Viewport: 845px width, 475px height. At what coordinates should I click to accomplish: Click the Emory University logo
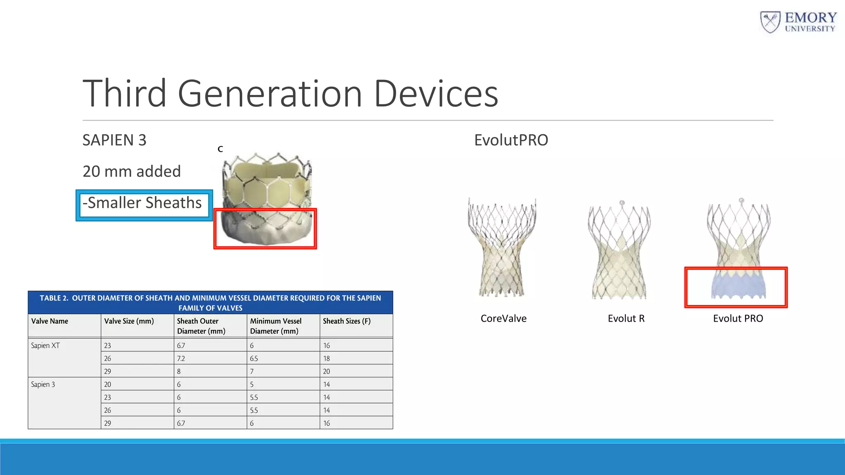click(x=798, y=22)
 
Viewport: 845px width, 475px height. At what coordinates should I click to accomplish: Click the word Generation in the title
click(x=270, y=94)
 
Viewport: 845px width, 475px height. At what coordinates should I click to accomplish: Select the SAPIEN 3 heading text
click(x=114, y=140)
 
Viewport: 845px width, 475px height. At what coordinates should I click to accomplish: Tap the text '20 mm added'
click(x=132, y=172)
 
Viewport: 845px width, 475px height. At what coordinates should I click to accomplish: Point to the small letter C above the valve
click(x=220, y=149)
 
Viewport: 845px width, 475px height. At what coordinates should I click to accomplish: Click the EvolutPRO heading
click(x=511, y=140)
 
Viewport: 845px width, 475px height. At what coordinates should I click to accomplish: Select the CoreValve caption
click(x=503, y=319)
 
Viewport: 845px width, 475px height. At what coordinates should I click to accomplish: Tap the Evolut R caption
click(x=626, y=319)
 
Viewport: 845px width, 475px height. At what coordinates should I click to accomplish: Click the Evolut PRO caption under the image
click(x=738, y=319)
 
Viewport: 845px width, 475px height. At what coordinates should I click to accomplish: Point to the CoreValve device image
click(x=502, y=247)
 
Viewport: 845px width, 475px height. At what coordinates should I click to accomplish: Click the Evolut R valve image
click(x=619, y=252)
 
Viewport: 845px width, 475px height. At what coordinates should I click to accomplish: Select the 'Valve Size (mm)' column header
click(x=129, y=321)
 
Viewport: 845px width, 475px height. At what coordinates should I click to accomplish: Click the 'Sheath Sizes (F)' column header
click(x=347, y=321)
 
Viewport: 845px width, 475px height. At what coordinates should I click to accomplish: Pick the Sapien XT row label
click(x=45, y=346)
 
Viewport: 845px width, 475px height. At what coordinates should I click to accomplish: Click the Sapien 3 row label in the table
click(x=43, y=384)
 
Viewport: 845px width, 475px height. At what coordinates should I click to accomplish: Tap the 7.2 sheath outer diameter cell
click(x=181, y=358)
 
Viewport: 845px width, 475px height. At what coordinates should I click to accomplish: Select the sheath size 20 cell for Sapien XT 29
click(x=326, y=372)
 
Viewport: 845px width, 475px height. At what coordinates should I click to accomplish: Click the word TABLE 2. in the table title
click(x=54, y=298)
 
